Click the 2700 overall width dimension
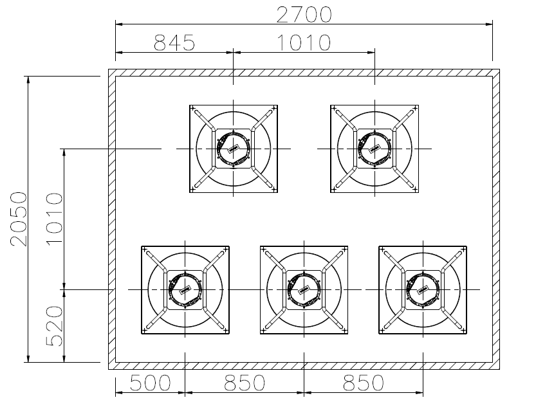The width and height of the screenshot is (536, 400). click(x=304, y=15)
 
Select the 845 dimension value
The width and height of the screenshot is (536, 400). click(x=174, y=42)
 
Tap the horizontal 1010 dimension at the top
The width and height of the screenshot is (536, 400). click(x=304, y=42)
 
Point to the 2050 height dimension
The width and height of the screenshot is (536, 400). click(x=19, y=219)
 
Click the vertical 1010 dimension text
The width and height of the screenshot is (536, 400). click(x=55, y=219)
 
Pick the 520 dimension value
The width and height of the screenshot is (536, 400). click(x=55, y=326)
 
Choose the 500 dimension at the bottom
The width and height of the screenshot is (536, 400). click(x=150, y=383)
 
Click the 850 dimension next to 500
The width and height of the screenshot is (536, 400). click(x=245, y=383)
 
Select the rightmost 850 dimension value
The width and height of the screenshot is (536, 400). click(x=364, y=383)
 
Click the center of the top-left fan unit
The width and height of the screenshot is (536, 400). click(x=234, y=149)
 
